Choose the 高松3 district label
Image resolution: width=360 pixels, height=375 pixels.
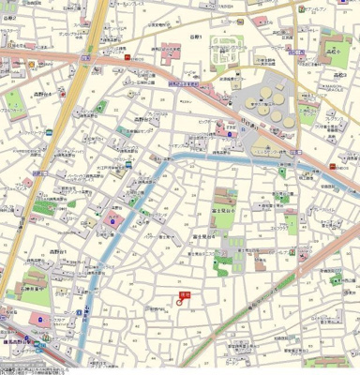click(338, 74)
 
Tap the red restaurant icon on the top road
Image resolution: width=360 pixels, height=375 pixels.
click(125, 57)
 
